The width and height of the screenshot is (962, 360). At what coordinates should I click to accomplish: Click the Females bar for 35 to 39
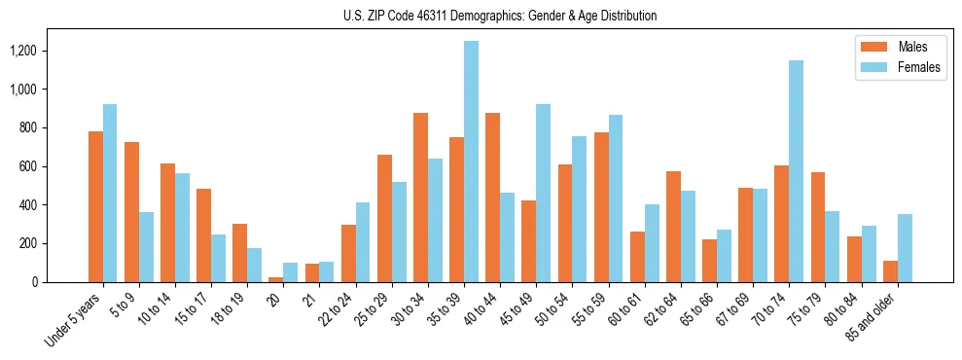(471, 162)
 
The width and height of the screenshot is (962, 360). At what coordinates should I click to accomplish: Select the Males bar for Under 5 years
(95, 206)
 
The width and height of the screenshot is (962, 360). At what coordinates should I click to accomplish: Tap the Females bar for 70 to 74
(796, 171)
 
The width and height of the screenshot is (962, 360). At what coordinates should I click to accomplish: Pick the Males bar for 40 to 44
(492, 198)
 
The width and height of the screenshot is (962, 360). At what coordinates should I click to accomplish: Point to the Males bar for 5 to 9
(131, 212)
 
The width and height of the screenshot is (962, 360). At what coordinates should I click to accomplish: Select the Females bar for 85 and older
(905, 248)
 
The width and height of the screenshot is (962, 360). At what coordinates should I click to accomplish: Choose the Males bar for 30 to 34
(420, 198)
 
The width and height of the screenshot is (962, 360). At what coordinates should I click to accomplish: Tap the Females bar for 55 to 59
(615, 198)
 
